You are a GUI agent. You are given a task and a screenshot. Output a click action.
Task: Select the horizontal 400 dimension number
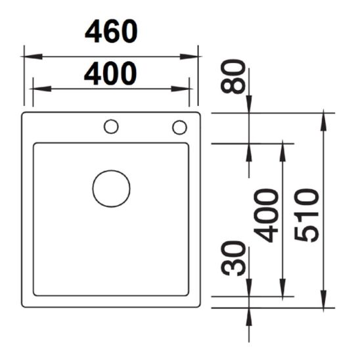(x=110, y=74)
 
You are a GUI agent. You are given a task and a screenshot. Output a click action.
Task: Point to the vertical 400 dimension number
(x=267, y=215)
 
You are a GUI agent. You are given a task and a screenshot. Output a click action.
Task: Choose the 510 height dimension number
(x=307, y=215)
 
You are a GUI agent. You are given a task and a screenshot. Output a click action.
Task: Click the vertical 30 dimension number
(x=234, y=258)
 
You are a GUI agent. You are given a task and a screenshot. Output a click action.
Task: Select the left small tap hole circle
(x=111, y=126)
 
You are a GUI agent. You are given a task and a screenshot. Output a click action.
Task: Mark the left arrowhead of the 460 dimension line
(x=28, y=56)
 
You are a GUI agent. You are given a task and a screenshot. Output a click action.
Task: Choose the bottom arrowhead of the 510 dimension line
(x=325, y=302)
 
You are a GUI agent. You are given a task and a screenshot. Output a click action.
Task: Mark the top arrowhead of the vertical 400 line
(x=283, y=147)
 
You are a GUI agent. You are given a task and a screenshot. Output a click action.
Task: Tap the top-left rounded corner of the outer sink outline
(x=24, y=115)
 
